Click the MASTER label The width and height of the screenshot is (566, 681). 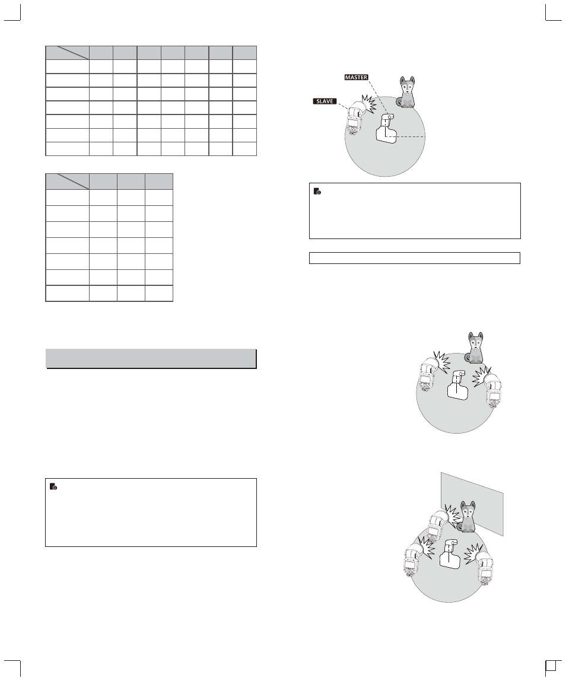click(x=356, y=77)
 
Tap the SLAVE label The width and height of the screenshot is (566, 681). click(x=325, y=101)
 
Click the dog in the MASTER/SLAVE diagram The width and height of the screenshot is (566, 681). click(x=406, y=92)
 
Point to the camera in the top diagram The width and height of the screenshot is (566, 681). click(x=386, y=129)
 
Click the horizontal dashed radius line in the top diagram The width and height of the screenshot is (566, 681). click(x=409, y=137)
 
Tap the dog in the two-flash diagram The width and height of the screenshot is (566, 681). click(x=475, y=348)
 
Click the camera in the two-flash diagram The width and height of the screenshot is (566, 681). click(x=457, y=384)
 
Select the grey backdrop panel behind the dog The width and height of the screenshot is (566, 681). click(x=472, y=504)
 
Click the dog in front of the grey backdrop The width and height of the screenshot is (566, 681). click(x=467, y=517)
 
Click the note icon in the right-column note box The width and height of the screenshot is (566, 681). click(x=317, y=191)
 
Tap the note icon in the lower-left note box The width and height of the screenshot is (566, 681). click(x=53, y=486)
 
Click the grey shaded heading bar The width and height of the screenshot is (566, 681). click(x=151, y=359)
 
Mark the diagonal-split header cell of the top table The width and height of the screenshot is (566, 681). click(x=67, y=53)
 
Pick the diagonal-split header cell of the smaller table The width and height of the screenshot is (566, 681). click(x=67, y=181)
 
